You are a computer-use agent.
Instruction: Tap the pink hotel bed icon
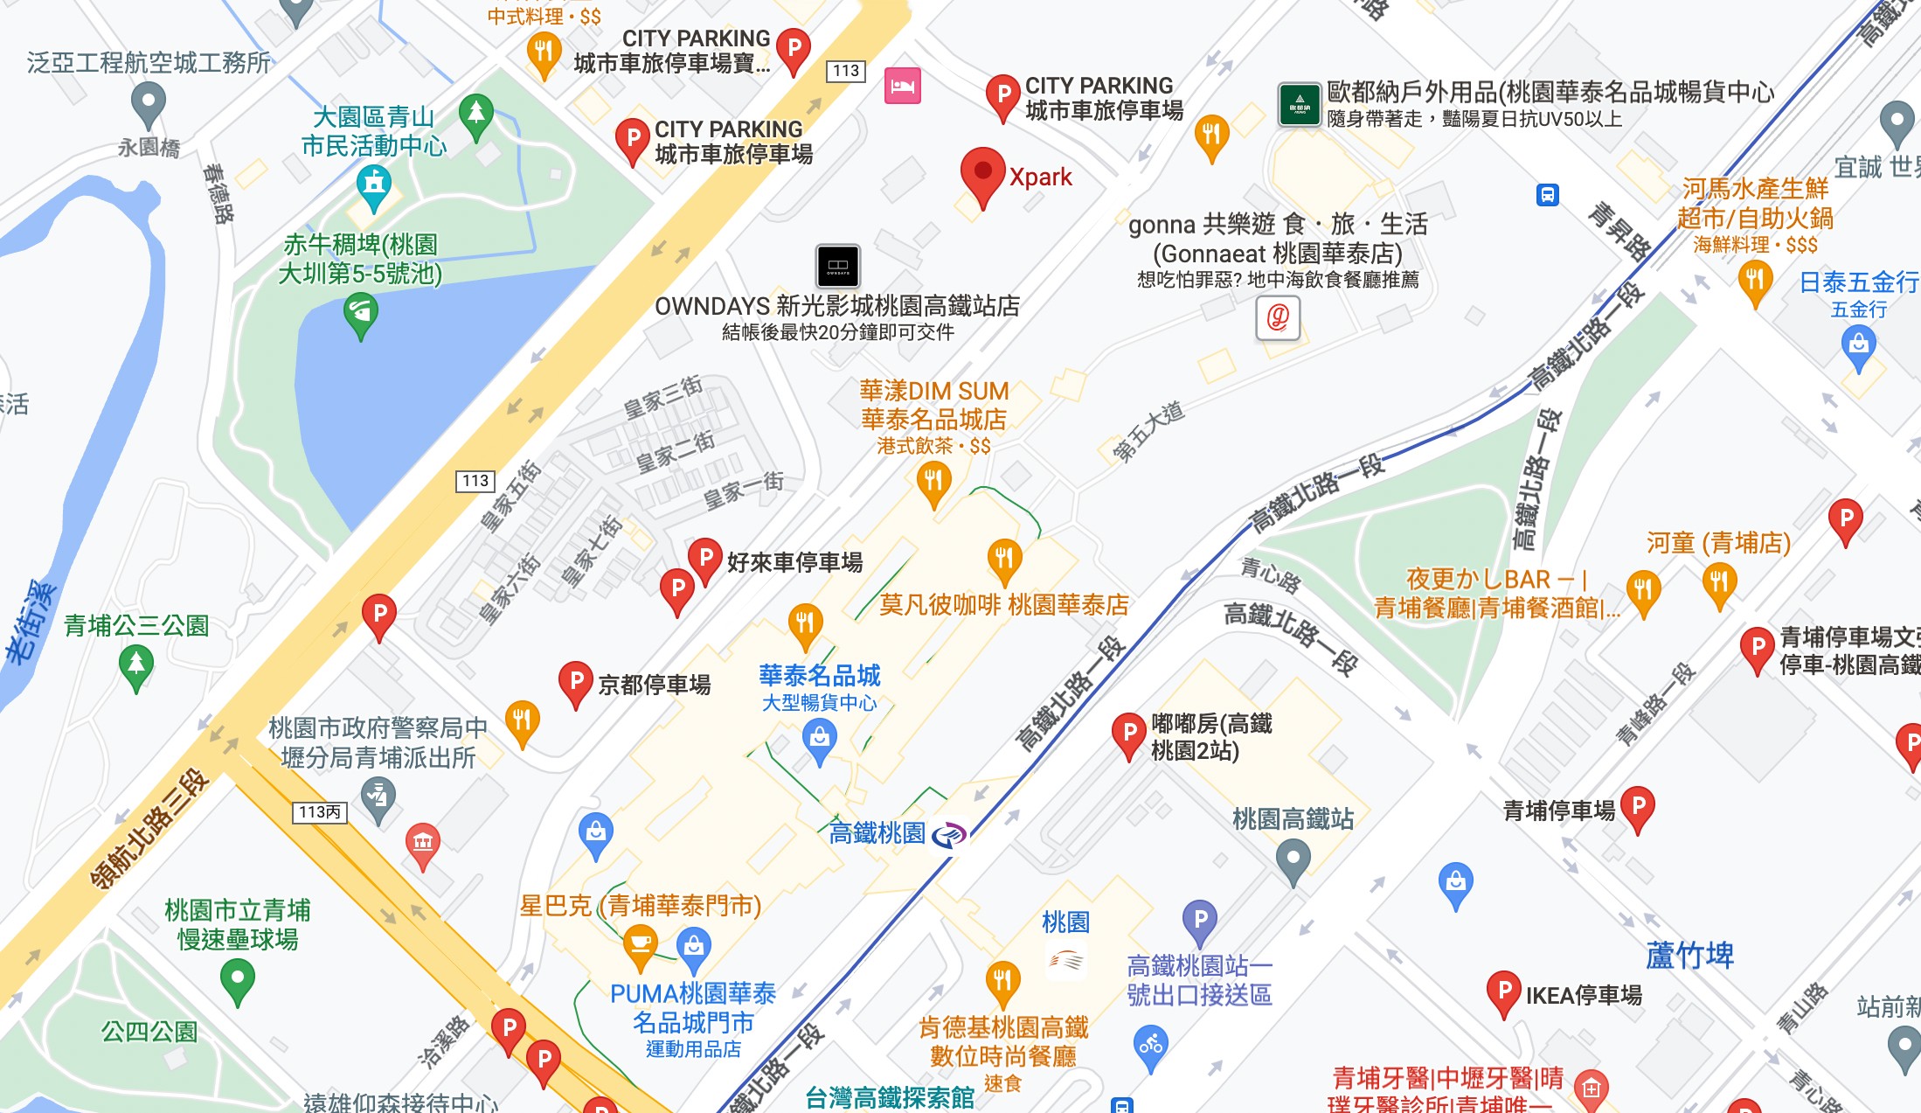click(x=902, y=86)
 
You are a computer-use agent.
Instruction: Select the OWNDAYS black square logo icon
click(x=837, y=266)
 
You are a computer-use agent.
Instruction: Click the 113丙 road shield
click(x=319, y=812)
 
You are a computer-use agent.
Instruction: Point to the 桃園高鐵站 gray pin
click(x=1293, y=859)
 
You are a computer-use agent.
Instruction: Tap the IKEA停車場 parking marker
click(x=1503, y=992)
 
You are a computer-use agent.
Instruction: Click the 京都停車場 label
click(x=654, y=685)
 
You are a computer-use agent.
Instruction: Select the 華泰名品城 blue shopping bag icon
click(x=819, y=740)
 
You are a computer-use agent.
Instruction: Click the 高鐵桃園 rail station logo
click(x=949, y=834)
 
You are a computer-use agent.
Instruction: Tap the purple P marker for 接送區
click(x=1200, y=920)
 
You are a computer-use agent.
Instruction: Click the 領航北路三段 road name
click(x=150, y=829)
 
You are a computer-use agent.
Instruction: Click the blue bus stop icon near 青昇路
click(x=1547, y=194)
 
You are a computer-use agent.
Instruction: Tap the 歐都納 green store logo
click(x=1299, y=105)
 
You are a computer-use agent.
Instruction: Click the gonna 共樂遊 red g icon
click(x=1277, y=317)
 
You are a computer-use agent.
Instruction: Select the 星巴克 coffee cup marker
click(x=640, y=944)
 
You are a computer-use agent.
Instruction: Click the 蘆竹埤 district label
click(x=1689, y=956)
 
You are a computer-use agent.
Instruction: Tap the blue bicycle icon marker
click(x=1150, y=1046)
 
